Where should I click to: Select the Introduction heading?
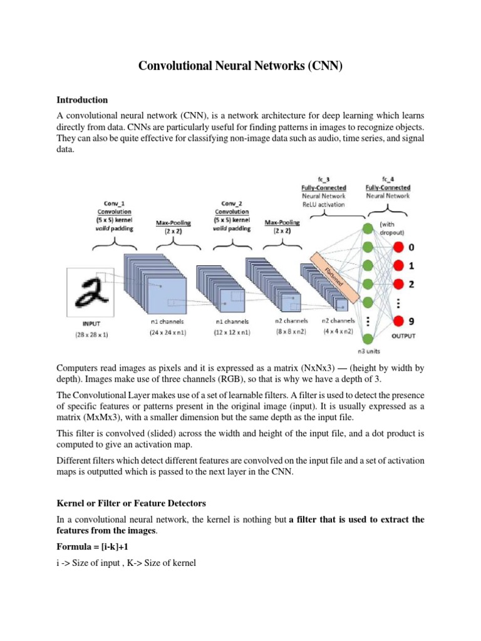coord(82,100)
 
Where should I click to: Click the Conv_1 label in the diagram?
coord(115,203)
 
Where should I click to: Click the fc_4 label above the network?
coord(388,178)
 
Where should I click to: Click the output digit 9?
coord(411,321)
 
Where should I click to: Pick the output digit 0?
coord(411,248)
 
